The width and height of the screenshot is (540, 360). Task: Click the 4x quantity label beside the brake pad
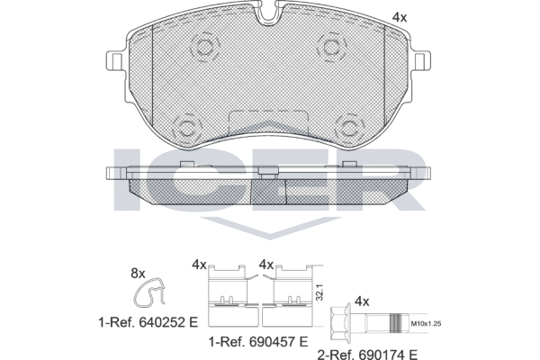(400, 17)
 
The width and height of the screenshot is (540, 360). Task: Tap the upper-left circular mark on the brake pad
(203, 47)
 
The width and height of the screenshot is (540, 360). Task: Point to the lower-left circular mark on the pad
(188, 126)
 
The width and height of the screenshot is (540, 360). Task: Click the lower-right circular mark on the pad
(346, 126)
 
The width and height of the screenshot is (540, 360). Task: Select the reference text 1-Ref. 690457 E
(259, 342)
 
